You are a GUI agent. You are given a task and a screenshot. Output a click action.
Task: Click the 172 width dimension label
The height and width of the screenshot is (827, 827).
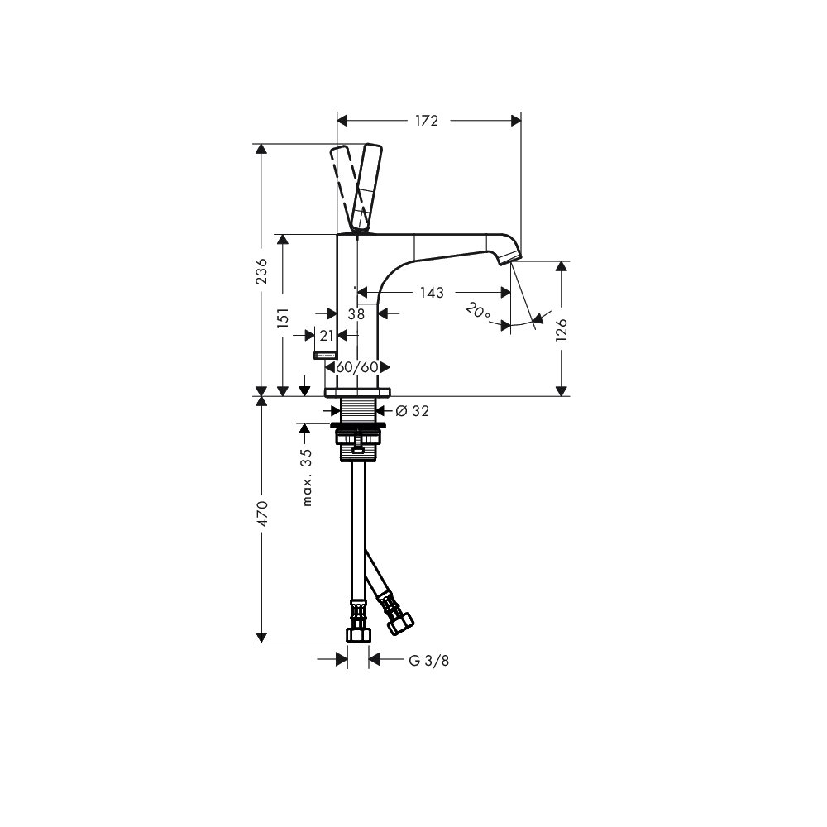(x=426, y=121)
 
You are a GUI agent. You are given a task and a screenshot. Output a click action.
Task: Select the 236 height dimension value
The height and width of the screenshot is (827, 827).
(x=261, y=271)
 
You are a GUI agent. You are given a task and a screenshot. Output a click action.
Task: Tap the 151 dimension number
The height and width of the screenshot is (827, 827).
(x=283, y=318)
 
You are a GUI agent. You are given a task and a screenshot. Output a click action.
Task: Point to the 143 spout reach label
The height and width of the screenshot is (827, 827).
(x=432, y=292)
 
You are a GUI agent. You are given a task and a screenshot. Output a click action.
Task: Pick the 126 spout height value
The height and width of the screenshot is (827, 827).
(x=562, y=330)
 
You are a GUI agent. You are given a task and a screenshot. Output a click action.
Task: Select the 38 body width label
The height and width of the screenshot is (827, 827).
(x=356, y=314)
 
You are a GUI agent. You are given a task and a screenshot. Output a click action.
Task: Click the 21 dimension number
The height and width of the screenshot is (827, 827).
(x=327, y=336)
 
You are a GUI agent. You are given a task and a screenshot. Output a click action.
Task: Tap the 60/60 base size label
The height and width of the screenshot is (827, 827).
(x=357, y=366)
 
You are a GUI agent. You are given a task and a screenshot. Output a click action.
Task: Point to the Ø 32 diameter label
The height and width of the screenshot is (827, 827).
(x=412, y=410)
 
